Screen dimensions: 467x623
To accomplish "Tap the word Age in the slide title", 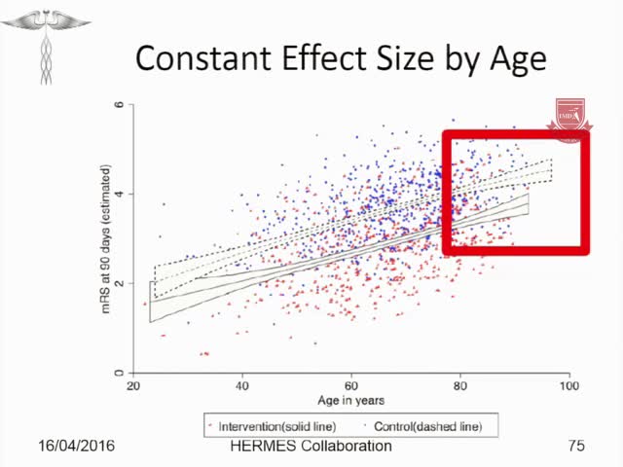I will click(x=511, y=60).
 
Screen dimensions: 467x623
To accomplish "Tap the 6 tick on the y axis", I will click(x=119, y=104).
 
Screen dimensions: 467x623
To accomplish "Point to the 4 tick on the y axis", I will click(x=119, y=194).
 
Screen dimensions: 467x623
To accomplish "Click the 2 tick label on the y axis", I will click(x=119, y=283).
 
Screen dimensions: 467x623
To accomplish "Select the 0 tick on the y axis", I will click(x=119, y=373).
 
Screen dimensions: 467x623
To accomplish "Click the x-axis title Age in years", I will click(x=350, y=401).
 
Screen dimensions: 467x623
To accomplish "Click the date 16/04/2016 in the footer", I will click(x=76, y=447).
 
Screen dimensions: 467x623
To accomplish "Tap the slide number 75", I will click(x=576, y=447).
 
